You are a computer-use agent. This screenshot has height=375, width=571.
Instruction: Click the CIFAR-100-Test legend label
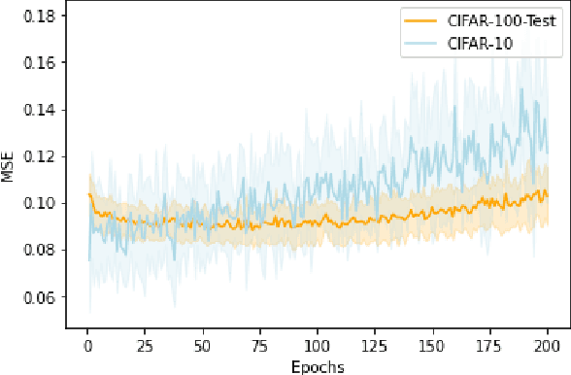493,21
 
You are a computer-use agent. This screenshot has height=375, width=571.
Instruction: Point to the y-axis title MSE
9,168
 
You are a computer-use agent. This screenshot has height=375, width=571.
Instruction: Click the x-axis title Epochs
317,366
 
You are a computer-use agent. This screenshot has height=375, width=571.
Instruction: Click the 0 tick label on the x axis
88,346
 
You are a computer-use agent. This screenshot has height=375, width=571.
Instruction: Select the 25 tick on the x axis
145,346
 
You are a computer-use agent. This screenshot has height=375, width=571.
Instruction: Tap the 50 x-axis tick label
202,346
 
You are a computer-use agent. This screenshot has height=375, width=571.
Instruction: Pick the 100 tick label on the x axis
317,346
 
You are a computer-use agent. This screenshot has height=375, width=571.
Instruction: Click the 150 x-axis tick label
431,346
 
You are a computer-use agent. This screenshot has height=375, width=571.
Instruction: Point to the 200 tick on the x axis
546,346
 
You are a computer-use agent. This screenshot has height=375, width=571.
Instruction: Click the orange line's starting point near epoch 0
90,194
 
